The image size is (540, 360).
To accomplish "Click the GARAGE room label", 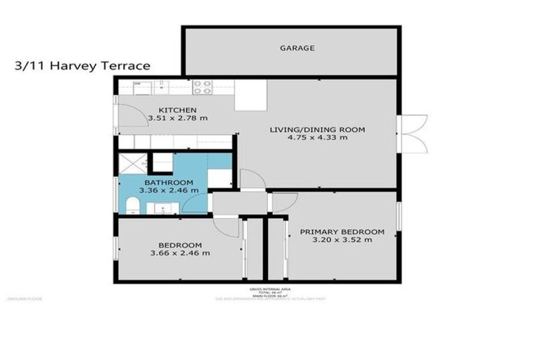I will (x=297, y=49).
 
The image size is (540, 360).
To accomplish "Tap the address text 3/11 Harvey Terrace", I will (x=82, y=66).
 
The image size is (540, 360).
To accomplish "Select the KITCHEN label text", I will (x=177, y=110).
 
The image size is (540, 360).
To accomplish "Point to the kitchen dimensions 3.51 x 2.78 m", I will (x=177, y=118).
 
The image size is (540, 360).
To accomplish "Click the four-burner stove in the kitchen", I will (x=202, y=87).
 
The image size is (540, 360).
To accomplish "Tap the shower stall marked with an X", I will (x=132, y=163).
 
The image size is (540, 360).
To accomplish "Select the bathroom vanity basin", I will (x=160, y=207).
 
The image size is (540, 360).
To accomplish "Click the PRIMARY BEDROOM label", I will (x=342, y=232).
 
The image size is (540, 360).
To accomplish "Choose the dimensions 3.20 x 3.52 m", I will (x=342, y=240).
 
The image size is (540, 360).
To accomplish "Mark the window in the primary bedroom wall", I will (x=399, y=216).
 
